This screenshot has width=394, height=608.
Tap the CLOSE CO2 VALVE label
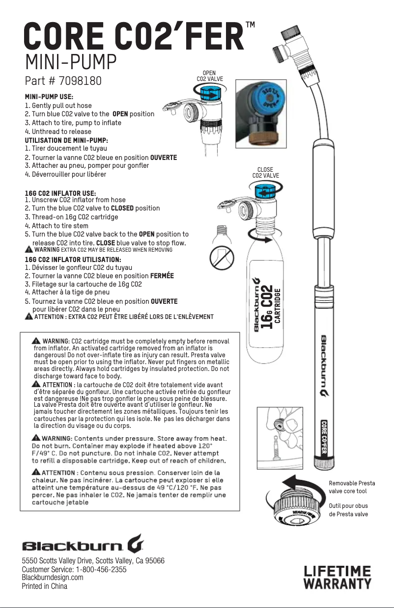coord(265,172)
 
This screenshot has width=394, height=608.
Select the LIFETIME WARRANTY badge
coord(337,577)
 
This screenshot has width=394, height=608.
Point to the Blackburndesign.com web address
coord(53,578)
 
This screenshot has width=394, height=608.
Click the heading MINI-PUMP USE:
coord(49,97)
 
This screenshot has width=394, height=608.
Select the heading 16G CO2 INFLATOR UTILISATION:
coord(73,259)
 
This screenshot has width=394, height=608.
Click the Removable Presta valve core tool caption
coord(351,487)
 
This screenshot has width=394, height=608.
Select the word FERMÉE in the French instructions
coord(162,276)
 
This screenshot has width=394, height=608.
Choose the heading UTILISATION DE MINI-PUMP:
coord(66,140)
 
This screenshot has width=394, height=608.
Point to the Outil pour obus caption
coord(348,510)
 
